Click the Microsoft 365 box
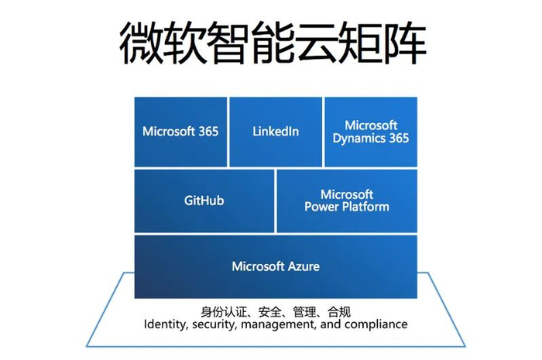pyautogui.click(x=180, y=132)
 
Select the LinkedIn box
pyautogui.click(x=276, y=132)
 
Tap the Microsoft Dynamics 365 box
pyautogui.click(x=371, y=132)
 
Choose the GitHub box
pyautogui.click(x=204, y=201)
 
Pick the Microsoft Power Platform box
pyautogui.click(x=346, y=201)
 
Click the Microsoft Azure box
pyautogui.click(x=276, y=266)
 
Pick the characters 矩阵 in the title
pyautogui.click(x=389, y=43)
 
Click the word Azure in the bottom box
pyautogui.click(x=304, y=266)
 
